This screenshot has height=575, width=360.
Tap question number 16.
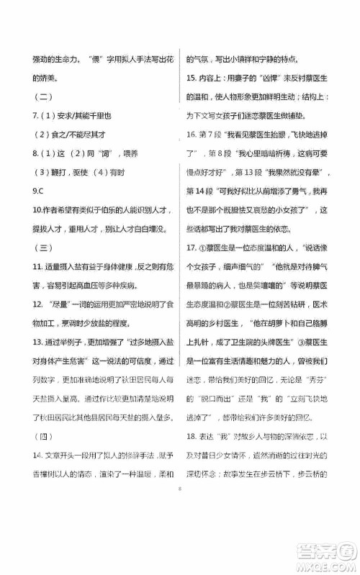point(192,135)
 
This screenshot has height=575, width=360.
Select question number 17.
point(192,248)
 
